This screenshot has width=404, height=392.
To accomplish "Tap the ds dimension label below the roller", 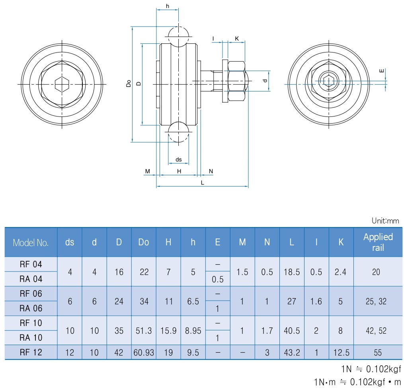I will (178, 159).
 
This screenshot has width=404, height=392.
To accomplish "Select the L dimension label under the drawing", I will (202, 183).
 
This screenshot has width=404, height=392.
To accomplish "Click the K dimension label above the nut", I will (237, 39).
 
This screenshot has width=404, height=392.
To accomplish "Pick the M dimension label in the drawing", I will (147, 171).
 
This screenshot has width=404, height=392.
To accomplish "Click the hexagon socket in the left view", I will (62, 84).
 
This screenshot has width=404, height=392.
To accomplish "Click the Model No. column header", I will (31, 243).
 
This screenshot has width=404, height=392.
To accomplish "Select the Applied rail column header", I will (378, 242).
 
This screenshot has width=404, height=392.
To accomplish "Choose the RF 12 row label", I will (31, 352).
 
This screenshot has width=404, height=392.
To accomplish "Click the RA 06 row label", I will (31, 308).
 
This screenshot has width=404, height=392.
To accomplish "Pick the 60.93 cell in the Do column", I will (144, 352).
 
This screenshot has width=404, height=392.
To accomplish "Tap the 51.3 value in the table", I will (144, 330).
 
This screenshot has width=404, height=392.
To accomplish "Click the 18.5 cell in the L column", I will (292, 272).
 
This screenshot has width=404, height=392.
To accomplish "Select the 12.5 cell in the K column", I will (341, 352).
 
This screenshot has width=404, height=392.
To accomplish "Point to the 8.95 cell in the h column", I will (193, 330).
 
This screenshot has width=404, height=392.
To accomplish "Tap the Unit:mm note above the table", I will (385, 221).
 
